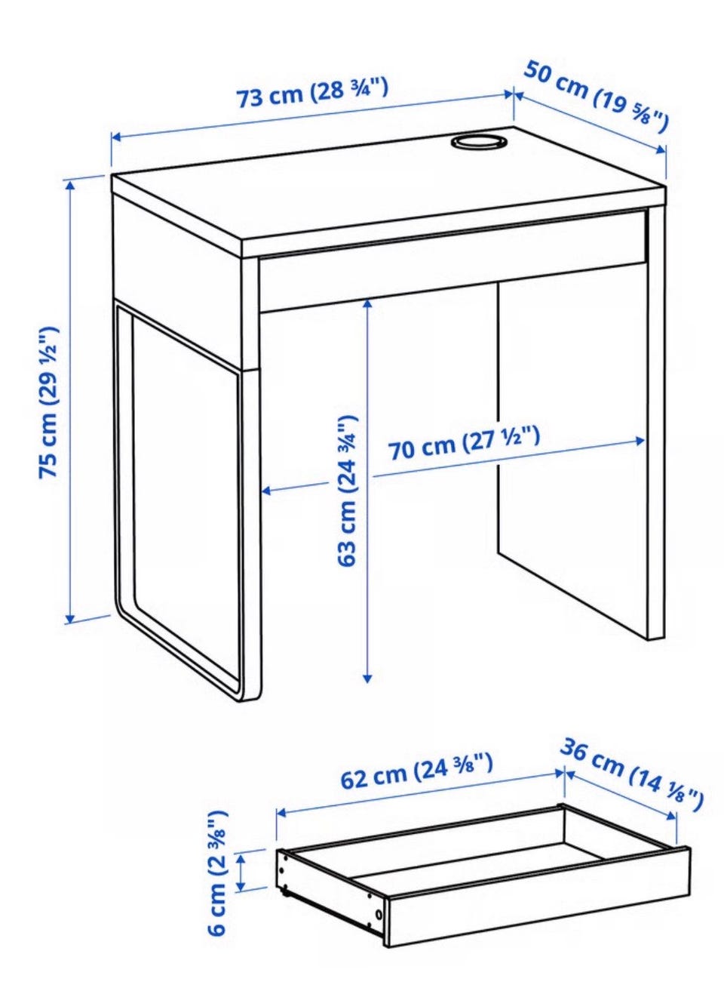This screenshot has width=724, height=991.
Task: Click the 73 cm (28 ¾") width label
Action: pyautogui.click(x=313, y=94)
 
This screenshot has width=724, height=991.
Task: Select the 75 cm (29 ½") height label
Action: pyautogui.click(x=48, y=402)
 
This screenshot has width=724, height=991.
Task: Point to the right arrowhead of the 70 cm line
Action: pyautogui.click(x=640, y=440)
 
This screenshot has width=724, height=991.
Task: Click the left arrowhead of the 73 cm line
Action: pyautogui.click(x=117, y=138)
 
